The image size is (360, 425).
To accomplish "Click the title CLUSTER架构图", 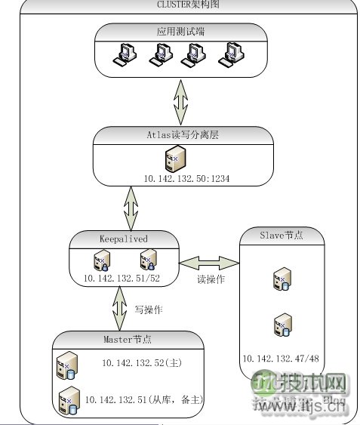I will pyautogui.click(x=180, y=5).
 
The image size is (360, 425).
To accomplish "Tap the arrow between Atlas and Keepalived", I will pyautogui.click(x=131, y=206).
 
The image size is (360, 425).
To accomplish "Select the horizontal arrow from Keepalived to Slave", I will pyautogui.click(x=208, y=261).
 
